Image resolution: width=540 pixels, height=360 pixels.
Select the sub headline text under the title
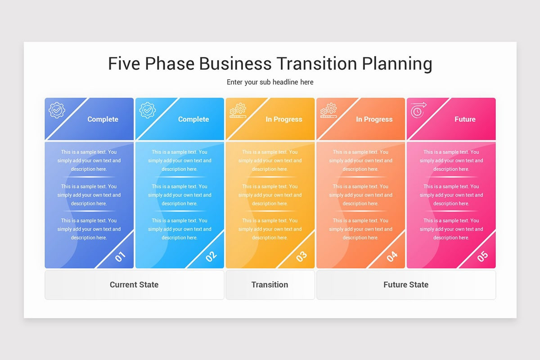270,82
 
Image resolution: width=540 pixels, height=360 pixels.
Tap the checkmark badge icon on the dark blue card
57,110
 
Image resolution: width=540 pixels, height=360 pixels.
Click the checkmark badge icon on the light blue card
148,110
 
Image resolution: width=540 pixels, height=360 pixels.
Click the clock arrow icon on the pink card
418,110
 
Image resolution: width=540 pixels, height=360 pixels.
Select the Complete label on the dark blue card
103,119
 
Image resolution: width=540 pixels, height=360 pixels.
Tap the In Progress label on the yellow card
284,119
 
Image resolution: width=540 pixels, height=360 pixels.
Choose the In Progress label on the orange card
374,119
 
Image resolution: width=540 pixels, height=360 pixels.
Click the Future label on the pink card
465,119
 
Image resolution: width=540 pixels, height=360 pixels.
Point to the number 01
120,256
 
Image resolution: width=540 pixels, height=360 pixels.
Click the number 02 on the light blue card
211,256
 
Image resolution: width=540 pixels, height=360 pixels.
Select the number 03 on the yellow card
301,256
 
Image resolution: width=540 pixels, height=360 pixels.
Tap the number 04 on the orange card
392,256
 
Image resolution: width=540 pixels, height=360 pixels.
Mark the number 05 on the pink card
482,256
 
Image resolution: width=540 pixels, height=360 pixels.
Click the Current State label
134,284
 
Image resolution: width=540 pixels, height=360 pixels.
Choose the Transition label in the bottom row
270,284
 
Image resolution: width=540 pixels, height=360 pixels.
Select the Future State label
406,284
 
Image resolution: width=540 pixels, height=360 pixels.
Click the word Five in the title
124,63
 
